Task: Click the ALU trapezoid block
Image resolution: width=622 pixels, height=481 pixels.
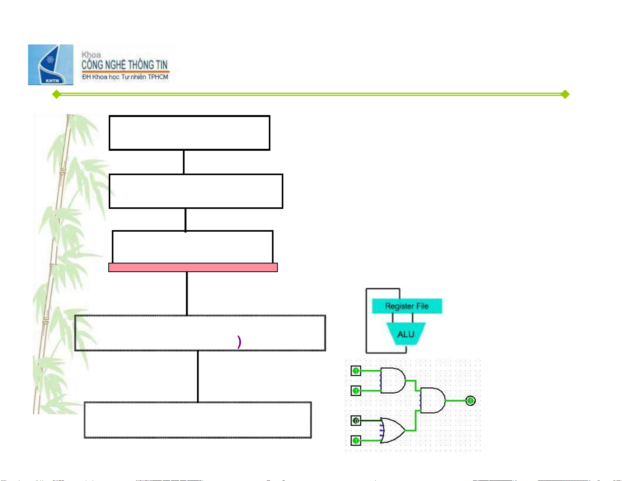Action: (406, 334)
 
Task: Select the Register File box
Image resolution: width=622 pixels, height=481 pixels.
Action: (407, 306)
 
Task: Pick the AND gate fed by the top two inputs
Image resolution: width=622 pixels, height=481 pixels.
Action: (393, 380)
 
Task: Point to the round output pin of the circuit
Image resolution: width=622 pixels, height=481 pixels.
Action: (471, 401)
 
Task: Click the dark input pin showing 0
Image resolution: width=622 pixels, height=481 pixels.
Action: (356, 421)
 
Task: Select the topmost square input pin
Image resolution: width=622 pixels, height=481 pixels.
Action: (356, 371)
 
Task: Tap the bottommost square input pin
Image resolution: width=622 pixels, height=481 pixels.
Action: (356, 441)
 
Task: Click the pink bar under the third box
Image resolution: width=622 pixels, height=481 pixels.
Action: (193, 267)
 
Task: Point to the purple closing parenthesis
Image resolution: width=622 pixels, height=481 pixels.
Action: (239, 342)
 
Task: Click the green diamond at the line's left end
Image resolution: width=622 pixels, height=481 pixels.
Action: (57, 94)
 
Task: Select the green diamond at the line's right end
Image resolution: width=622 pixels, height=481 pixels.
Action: (565, 94)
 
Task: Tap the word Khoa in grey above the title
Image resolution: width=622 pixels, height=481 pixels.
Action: (91, 55)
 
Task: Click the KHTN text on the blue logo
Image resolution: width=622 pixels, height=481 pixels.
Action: (52, 80)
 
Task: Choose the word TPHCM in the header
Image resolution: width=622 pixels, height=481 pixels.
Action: (158, 77)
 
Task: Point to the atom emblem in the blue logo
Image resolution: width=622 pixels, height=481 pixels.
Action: (50, 60)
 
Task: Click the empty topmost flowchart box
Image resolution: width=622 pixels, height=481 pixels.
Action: (189, 133)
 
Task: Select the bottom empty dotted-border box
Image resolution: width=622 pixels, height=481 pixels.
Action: (198, 420)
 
